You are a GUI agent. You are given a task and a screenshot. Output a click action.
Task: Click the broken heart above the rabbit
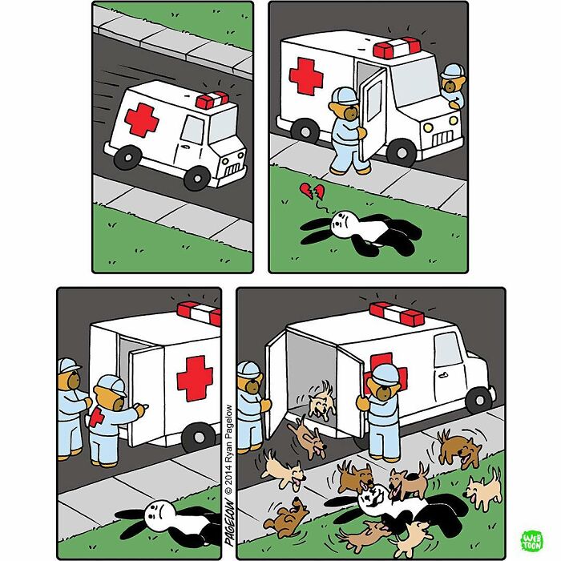click(x=309, y=193)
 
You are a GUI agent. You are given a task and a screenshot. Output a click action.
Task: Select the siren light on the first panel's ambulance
click(x=212, y=101)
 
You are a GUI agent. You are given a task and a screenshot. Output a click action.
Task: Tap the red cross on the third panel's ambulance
click(x=195, y=377)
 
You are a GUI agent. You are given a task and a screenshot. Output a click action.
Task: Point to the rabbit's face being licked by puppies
click(x=370, y=502)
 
